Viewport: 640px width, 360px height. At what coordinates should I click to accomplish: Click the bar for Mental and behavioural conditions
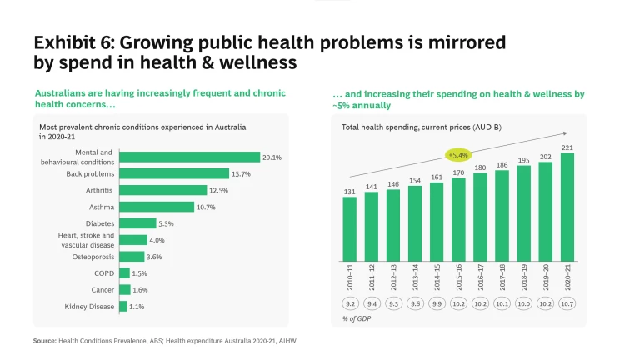190,157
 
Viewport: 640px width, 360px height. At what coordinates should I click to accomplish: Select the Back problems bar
174,173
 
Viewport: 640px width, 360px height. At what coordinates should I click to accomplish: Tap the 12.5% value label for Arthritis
218,190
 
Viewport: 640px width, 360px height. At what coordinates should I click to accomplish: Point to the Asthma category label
102,207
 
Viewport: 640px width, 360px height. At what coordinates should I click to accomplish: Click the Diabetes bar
137,223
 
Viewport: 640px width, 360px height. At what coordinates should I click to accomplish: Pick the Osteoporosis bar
132,257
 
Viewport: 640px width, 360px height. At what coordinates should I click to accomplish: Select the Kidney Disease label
89,307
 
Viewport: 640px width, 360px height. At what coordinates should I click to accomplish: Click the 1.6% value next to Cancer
140,290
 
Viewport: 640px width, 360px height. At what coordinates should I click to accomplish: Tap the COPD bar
124,273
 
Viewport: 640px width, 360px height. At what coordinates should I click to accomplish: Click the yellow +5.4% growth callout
458,155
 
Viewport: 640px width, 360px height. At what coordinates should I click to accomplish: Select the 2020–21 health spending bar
567,207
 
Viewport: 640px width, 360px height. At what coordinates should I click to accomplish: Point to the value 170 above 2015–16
458,172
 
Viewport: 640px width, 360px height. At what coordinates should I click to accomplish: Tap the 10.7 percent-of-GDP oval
567,303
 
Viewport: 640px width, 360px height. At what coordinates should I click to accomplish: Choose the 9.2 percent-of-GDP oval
349,303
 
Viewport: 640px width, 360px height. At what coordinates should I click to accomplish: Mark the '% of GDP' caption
356,318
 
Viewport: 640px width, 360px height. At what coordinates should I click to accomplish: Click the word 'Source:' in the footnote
44,341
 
